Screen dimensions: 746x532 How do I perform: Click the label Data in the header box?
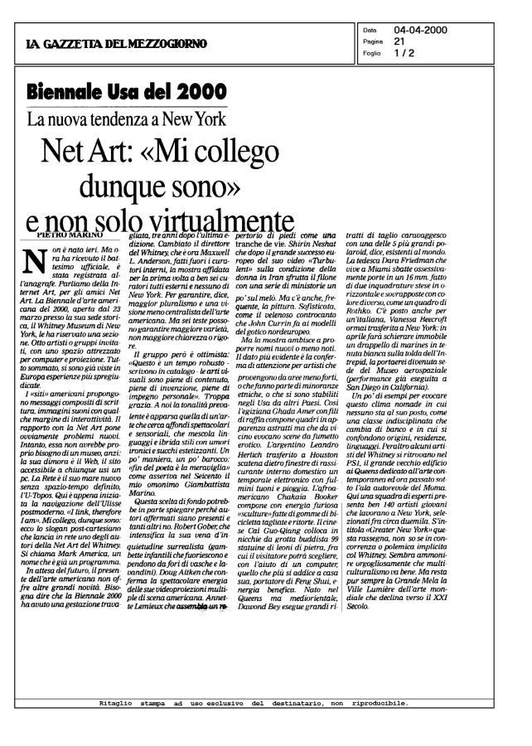[370, 31]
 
